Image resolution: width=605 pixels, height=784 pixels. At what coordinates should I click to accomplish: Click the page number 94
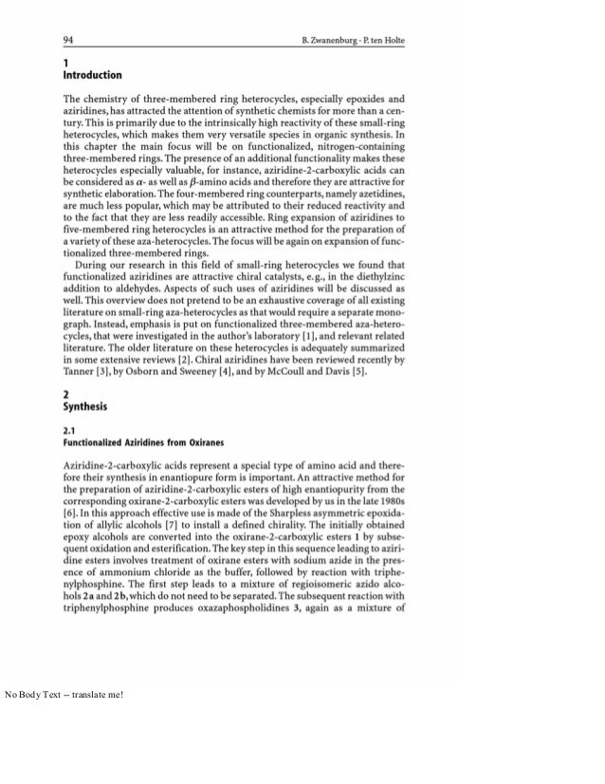tap(68, 40)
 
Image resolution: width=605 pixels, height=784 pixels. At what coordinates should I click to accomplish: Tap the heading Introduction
tap(92, 75)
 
